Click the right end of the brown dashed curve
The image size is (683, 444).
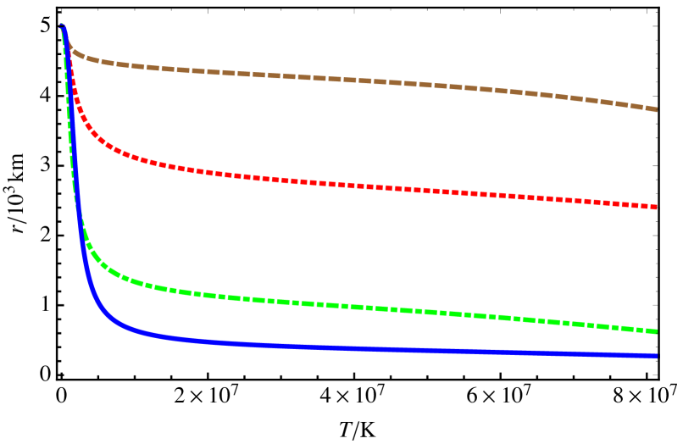(656, 109)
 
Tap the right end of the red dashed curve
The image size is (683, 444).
(656, 207)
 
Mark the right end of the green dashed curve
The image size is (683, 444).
(656, 331)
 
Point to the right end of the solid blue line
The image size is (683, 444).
(656, 356)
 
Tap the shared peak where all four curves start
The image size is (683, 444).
(62, 26)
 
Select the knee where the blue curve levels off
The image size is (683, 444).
(106, 318)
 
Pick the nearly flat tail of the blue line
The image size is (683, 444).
(508, 352)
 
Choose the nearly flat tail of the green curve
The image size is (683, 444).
(508, 317)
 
